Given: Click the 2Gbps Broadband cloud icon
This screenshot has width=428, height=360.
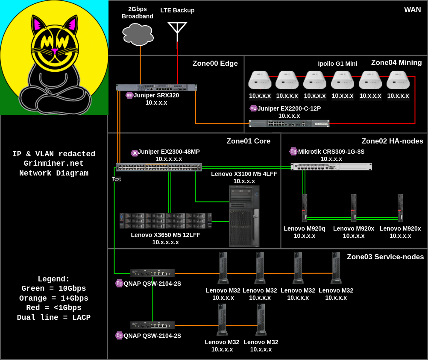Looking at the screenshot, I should pos(138,34).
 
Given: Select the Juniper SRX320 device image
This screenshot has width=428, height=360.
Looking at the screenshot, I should pos(156,88).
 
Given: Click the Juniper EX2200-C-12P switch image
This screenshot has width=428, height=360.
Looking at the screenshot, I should pos(289,123).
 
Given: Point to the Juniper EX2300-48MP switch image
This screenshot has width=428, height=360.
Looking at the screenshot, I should pos(159,167).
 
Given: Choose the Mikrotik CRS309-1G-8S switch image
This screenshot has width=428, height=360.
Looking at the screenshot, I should pos(331,167).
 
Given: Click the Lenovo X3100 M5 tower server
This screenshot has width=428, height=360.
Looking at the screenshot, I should pos(244,216).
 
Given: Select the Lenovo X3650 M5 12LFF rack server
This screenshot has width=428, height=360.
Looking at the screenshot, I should pos(166,221).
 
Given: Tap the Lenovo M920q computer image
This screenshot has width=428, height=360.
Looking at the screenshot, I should pos(305,208).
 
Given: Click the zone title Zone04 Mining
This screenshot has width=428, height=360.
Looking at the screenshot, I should pos(396,63).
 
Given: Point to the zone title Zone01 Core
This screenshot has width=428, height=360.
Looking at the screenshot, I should pos(248,141).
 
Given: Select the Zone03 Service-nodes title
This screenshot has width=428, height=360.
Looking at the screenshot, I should pos(385,257).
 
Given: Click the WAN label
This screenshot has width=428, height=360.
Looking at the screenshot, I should pos(413,9).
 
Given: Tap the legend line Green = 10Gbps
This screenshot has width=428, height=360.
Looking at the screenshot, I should pos(53,288).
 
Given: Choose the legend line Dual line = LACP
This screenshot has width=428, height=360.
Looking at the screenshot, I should pos(53,318).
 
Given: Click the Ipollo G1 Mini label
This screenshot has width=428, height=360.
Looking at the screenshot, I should pos(337,64).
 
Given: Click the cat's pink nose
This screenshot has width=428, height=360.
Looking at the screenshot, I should pos(55,50).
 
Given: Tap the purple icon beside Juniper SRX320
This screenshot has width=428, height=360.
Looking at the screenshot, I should pos(129,95).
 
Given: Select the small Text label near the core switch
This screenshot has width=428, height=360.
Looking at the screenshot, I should pos(116,179).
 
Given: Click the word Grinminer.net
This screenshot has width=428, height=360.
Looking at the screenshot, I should pos(53,164).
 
